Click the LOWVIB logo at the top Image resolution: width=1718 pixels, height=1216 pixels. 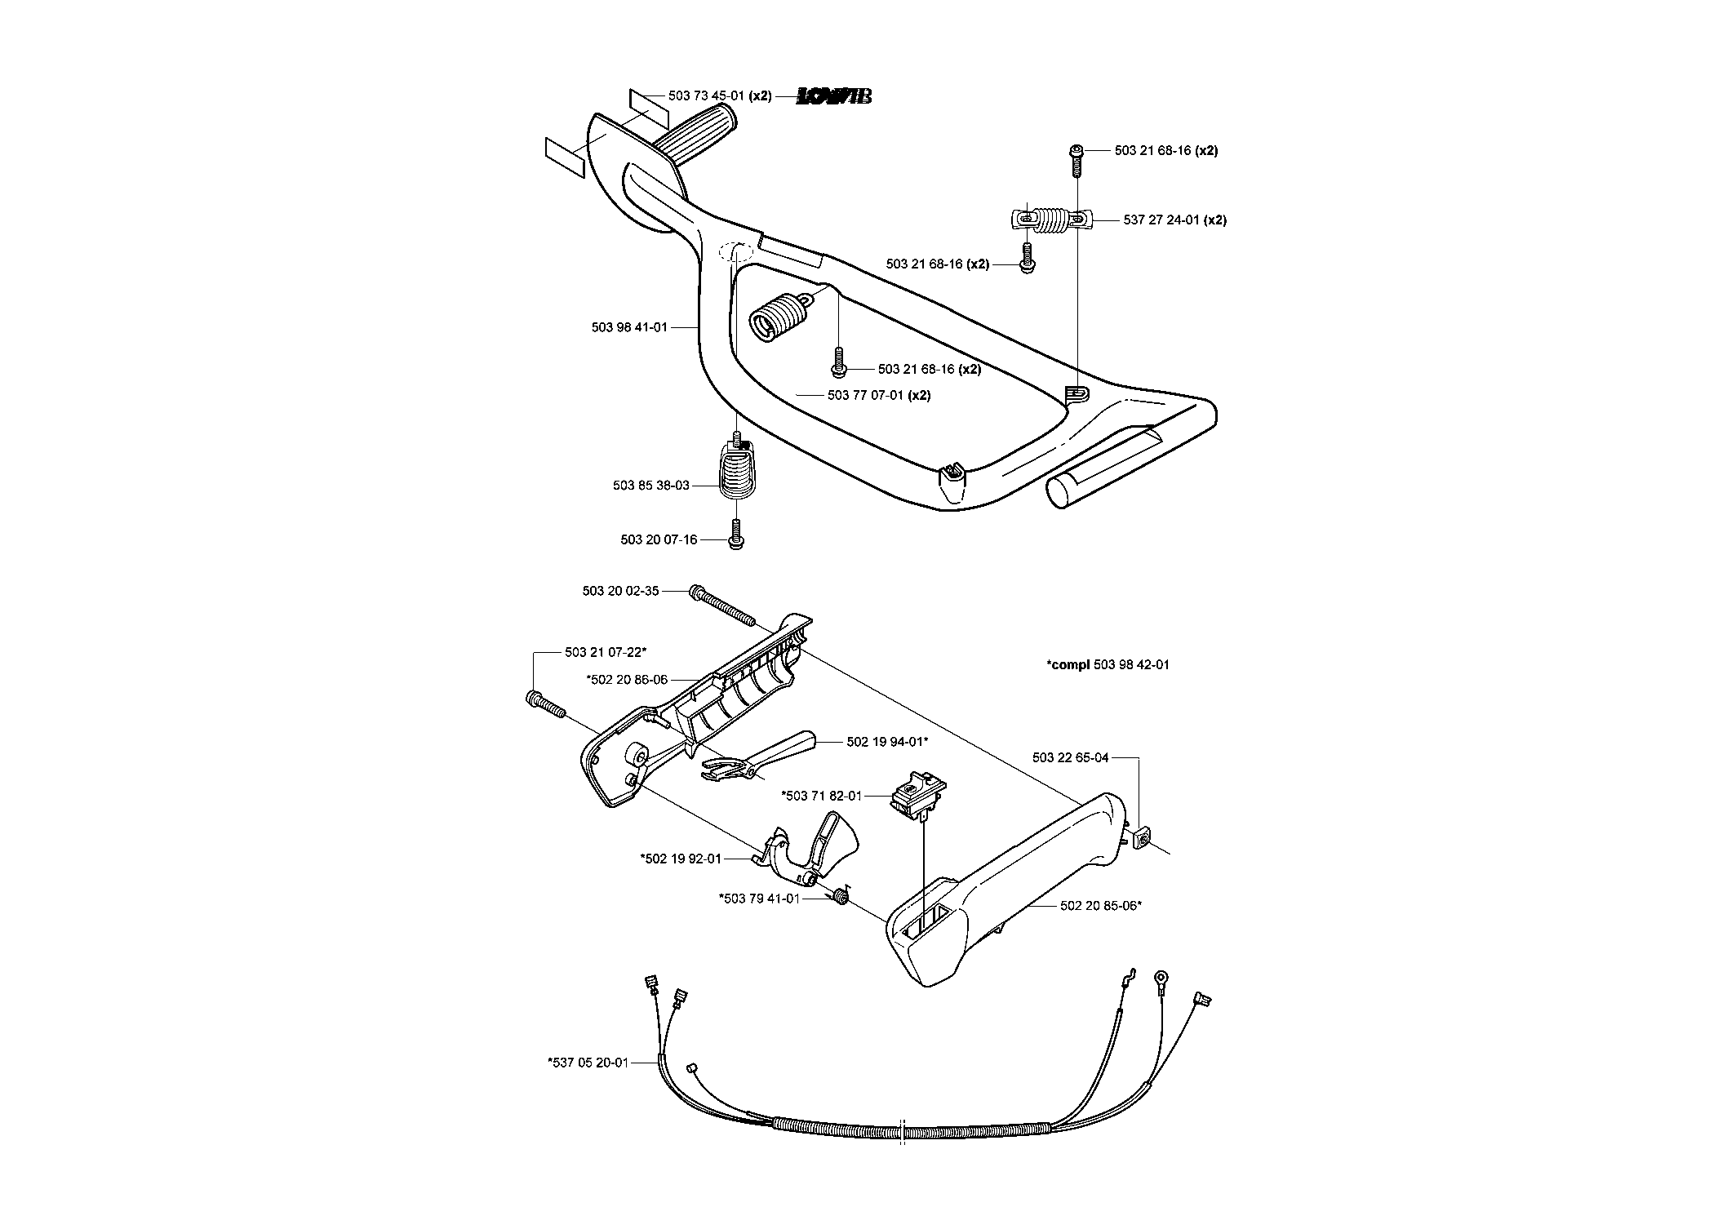834,96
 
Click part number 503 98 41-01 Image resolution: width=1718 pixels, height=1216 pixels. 629,327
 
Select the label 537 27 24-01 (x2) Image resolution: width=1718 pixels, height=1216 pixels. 1174,220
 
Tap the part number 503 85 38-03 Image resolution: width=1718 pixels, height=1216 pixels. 651,486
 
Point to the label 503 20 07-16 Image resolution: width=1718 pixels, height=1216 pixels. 659,540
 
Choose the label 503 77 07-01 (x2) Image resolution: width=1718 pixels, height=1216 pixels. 879,396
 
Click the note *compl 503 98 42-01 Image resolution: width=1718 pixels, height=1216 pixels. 1108,665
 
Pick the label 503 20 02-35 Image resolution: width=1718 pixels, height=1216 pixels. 620,591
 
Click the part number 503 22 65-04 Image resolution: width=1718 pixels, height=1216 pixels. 1070,757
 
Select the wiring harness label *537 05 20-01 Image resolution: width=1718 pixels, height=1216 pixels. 588,1063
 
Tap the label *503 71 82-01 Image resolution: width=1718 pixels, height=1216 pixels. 821,796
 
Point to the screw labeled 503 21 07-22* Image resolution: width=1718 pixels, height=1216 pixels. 546,704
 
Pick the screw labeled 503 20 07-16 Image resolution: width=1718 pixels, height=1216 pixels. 736,534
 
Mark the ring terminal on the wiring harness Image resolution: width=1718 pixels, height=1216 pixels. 1160,978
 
